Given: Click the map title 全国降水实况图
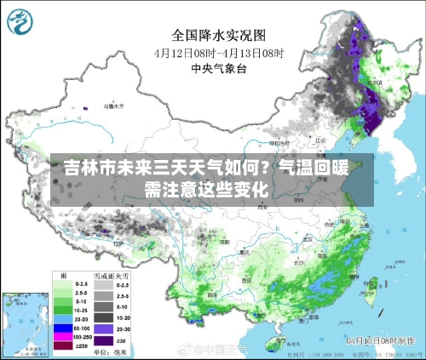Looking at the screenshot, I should point(219,35).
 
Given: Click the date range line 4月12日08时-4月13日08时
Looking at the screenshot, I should point(219,53).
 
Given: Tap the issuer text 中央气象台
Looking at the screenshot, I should point(219,69).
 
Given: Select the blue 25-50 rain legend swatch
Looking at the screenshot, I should point(62,327).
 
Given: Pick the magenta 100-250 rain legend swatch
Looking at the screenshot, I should point(62,337).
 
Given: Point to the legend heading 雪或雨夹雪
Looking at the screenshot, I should point(113,275).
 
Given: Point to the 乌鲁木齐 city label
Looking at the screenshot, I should point(112,107).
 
